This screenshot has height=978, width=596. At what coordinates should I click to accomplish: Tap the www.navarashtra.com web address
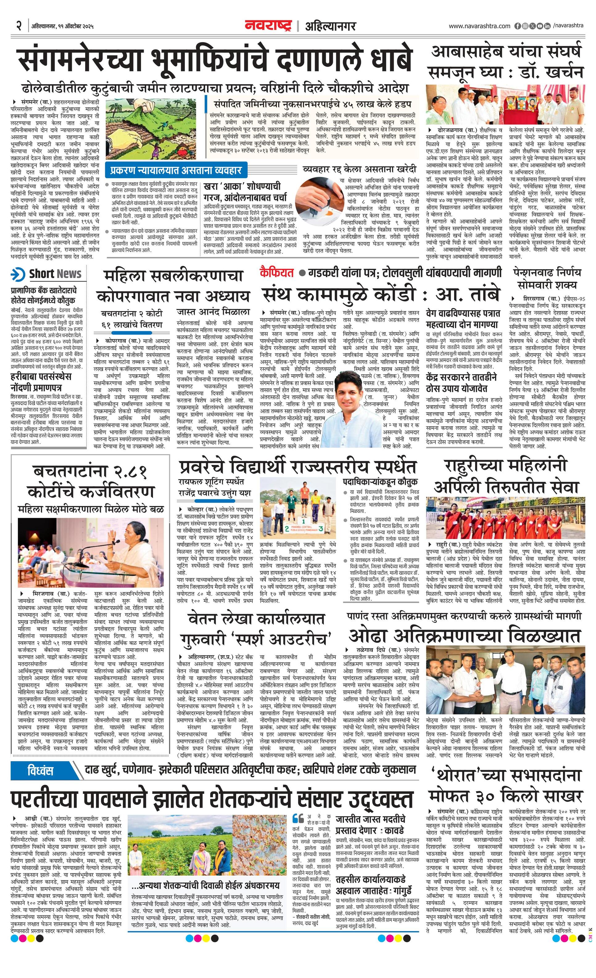(479, 26)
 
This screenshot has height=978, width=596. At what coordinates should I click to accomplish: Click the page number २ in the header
(19, 26)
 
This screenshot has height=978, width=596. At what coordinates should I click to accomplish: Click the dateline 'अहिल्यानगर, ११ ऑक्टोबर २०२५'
(62, 27)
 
